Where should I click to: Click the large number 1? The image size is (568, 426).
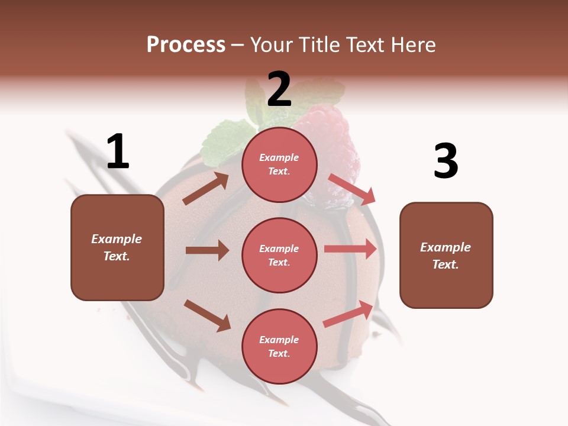click(x=118, y=151)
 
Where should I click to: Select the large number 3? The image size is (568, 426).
click(x=446, y=161)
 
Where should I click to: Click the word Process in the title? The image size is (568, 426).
click(x=186, y=44)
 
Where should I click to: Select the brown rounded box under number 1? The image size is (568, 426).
click(x=117, y=247)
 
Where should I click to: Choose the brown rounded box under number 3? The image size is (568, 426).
click(x=446, y=255)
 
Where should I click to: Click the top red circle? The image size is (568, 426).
click(x=279, y=164)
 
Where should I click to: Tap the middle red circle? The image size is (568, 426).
click(x=279, y=255)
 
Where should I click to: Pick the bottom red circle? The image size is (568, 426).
click(x=279, y=346)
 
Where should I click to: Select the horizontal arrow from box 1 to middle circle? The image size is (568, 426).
click(x=207, y=250)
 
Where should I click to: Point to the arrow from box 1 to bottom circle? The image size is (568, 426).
click(x=207, y=315)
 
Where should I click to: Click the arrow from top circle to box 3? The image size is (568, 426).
click(x=351, y=189)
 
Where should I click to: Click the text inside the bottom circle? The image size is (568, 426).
click(x=279, y=346)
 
